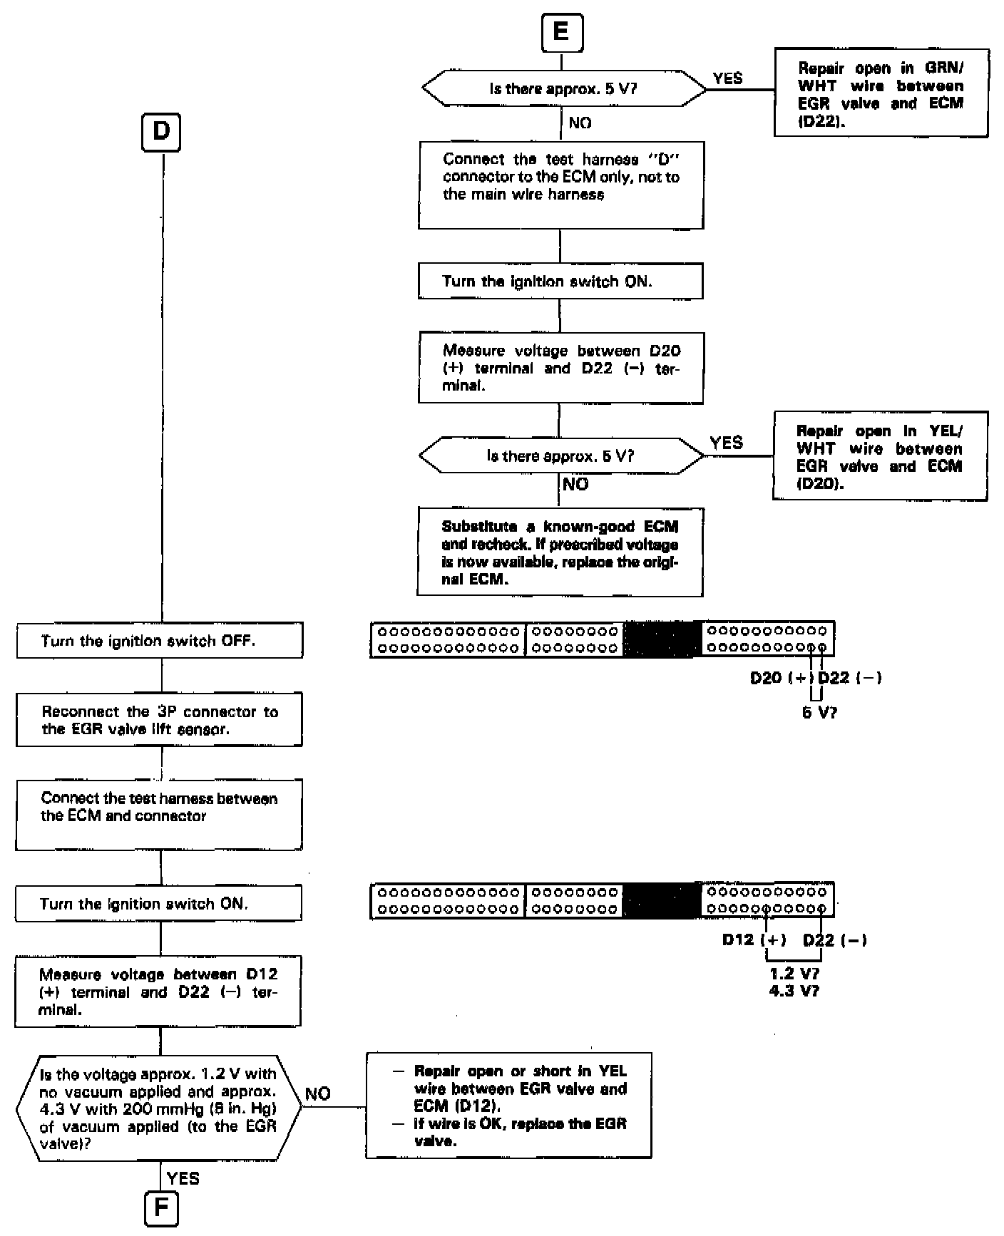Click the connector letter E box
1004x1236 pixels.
(x=562, y=34)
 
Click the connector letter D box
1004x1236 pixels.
(x=162, y=133)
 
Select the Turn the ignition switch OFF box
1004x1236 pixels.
(x=159, y=641)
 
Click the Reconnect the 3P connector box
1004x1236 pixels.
(x=159, y=720)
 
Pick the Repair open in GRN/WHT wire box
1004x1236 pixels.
(x=881, y=93)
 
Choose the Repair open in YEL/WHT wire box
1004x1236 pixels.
(x=880, y=456)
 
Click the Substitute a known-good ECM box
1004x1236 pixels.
(x=560, y=552)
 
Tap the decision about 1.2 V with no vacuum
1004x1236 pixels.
(x=158, y=1108)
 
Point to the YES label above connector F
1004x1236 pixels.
(x=183, y=1178)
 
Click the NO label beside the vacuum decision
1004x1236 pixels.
(x=318, y=1093)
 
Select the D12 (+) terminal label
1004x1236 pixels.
(x=754, y=939)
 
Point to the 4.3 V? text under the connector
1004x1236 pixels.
(x=794, y=990)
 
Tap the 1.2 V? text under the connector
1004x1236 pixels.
(x=794, y=973)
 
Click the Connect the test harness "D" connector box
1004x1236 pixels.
(x=560, y=185)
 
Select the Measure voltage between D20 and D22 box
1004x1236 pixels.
(x=560, y=368)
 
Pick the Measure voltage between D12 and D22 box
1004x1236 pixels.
(x=158, y=992)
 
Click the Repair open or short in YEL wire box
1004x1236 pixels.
(x=508, y=1106)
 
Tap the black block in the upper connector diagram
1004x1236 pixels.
(x=662, y=639)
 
